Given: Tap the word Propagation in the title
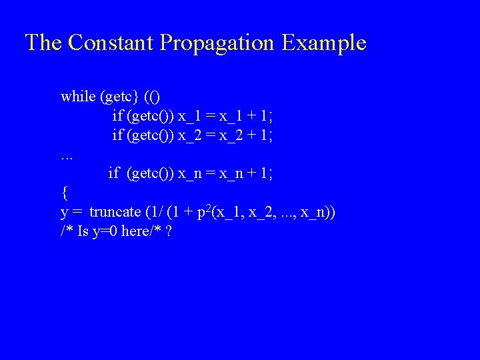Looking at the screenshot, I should [217, 43].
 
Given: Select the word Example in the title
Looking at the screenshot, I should [324, 43].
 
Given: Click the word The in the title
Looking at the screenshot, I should [43, 43].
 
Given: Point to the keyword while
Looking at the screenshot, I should [78, 97].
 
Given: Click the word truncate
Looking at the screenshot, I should [115, 213].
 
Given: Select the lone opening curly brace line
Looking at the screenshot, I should [64, 193].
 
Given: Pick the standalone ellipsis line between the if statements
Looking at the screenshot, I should [66, 157].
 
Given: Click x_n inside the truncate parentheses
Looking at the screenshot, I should [313, 213].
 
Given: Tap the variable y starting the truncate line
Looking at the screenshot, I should [65, 213].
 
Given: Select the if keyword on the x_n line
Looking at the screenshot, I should [114, 174].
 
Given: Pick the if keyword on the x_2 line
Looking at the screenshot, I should [117, 135].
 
